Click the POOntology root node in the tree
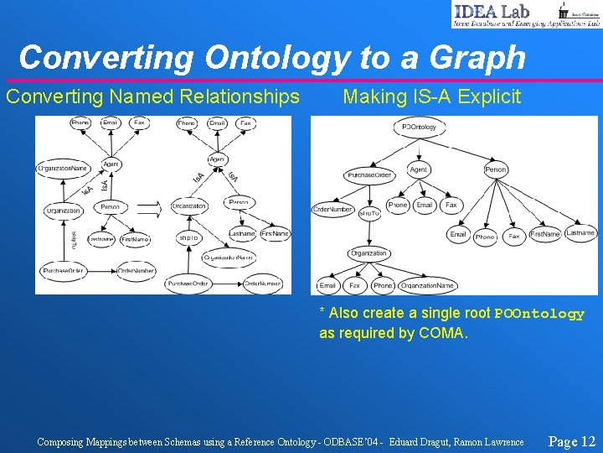tap(419, 127)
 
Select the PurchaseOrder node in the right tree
tap(369, 175)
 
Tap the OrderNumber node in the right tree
tap(332, 209)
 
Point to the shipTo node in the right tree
tap(369, 214)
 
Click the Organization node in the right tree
tap(368, 253)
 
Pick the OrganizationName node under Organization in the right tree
tap(427, 285)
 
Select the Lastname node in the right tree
tap(580, 232)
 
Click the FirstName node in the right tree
tap(544, 235)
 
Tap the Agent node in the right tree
tap(418, 169)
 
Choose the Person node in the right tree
tap(495, 169)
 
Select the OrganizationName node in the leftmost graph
tap(63, 168)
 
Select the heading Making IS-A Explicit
tap(431, 97)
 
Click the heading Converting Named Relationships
tap(152, 97)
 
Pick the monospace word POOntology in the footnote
tap(539, 314)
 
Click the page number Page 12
tap(571, 441)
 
